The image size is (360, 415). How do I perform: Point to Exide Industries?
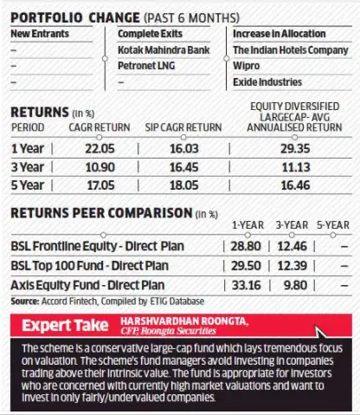[266, 83]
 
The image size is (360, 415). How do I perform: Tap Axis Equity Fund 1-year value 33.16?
[251, 283]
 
